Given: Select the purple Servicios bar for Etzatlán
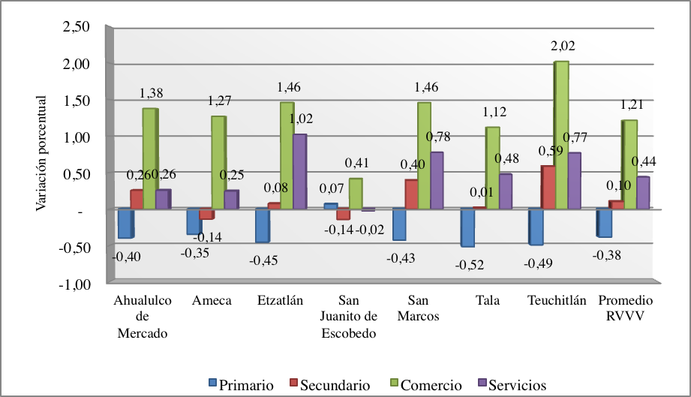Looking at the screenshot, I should (x=299, y=171).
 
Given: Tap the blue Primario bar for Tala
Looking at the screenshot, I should (x=467, y=227).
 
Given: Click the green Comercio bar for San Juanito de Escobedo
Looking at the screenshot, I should (x=356, y=194).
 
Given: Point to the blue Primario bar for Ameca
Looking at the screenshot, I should (x=194, y=222).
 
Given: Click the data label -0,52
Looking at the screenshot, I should (x=470, y=264).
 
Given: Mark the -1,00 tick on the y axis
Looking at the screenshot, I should (x=77, y=285).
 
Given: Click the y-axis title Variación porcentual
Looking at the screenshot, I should (x=41, y=154).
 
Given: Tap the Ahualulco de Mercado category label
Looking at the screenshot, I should (x=143, y=317).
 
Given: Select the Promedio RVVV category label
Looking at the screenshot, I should (x=625, y=308).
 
